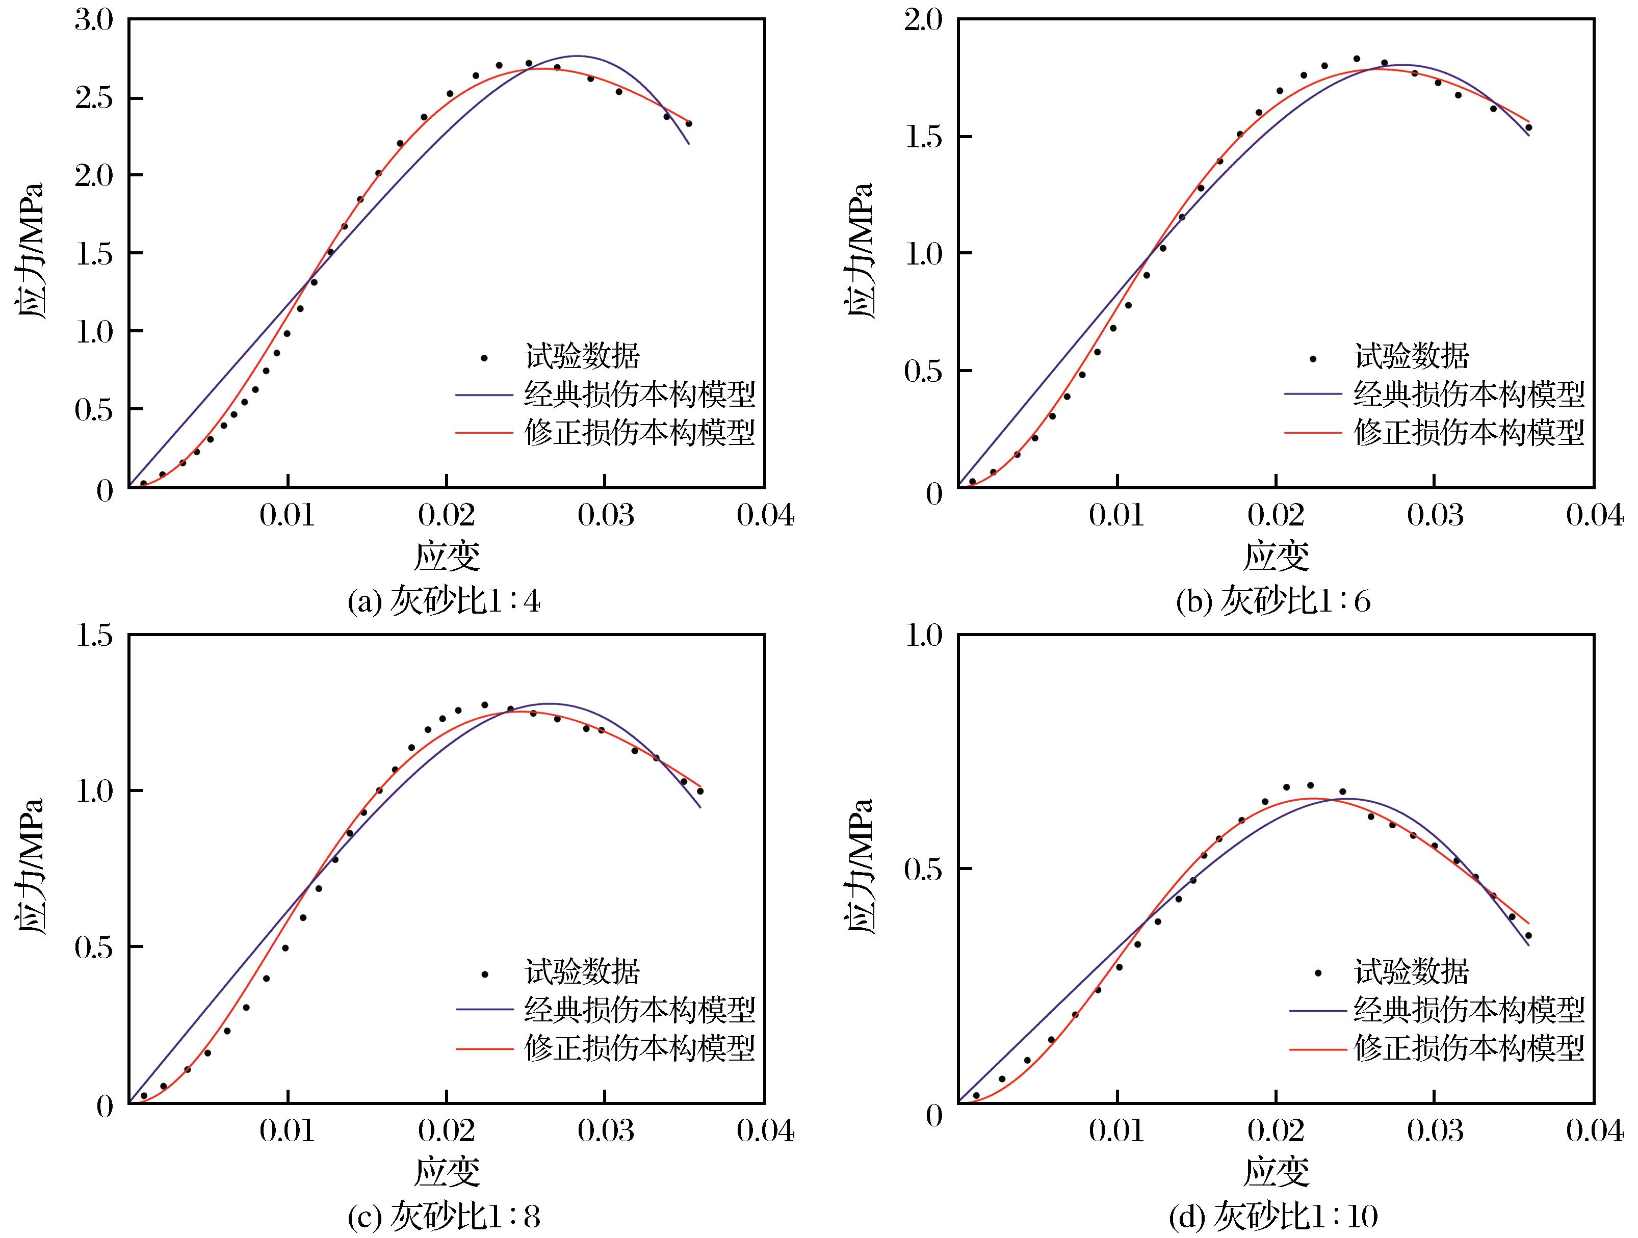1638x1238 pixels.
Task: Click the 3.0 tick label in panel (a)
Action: [x=93, y=20]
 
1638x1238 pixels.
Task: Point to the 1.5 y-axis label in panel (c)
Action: [x=93, y=636]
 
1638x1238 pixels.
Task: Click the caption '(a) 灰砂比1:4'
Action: [x=445, y=602]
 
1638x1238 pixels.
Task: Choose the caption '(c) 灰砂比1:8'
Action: [x=445, y=1217]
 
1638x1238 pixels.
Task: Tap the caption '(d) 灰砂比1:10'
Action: [x=1273, y=1217]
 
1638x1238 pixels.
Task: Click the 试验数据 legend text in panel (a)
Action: [x=582, y=357]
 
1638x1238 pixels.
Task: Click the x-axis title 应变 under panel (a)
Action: [x=447, y=557]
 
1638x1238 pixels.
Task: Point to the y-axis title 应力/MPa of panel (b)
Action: [x=859, y=252]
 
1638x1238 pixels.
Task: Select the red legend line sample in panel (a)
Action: [x=484, y=432]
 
